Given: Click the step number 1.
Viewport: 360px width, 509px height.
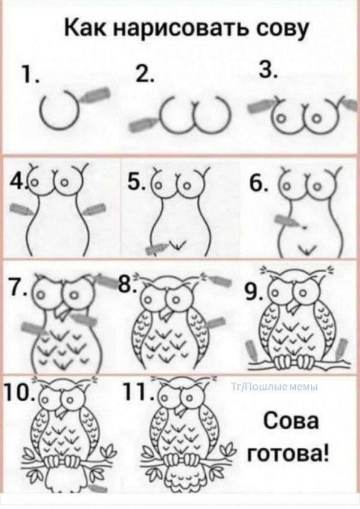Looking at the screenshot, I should click(29, 75).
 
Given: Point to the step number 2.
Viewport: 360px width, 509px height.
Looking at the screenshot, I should click(144, 75).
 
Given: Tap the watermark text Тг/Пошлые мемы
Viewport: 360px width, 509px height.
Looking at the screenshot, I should click(274, 387).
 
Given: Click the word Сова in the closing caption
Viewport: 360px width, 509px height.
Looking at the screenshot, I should click(290, 422).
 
